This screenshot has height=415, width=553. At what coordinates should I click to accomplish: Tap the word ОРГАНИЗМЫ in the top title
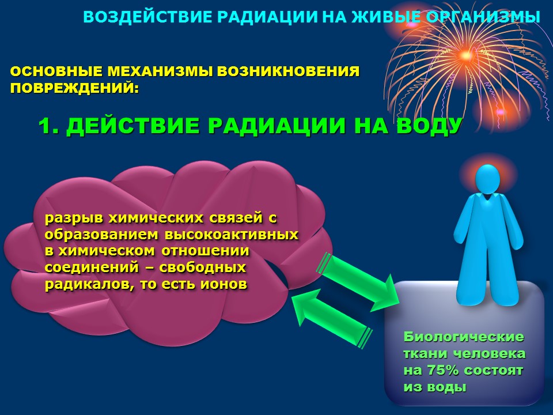coord(481,17)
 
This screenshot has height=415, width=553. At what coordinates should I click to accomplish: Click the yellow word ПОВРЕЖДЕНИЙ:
coord(75,88)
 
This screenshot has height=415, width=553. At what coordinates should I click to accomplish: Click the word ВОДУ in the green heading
coord(429,126)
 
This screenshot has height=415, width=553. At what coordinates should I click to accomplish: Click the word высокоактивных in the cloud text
coord(232,235)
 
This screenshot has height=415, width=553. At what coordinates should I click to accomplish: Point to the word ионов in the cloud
coord(224,284)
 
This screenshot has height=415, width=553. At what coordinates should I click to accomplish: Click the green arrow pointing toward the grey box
coord(358,282)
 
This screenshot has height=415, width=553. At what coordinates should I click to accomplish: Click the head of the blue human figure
coord(487,179)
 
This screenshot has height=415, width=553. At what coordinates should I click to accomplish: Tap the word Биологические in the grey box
coord(464,337)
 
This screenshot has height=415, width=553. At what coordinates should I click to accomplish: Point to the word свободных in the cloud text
coord(202,267)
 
